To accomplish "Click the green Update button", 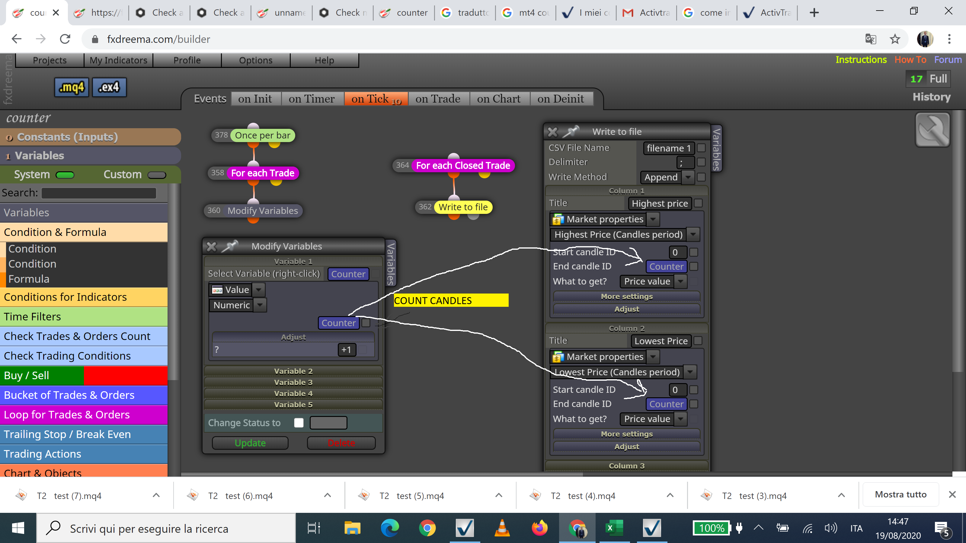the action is [x=250, y=443].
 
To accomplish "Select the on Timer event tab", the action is [x=311, y=99].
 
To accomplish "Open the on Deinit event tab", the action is [x=560, y=99].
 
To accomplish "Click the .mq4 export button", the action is [x=72, y=87].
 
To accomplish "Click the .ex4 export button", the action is [x=109, y=87].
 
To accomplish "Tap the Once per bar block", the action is [x=263, y=135].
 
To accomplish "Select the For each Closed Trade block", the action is [x=463, y=165].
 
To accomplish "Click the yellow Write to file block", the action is [x=463, y=207].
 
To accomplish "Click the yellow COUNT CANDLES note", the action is [x=451, y=300].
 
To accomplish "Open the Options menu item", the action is [x=256, y=60].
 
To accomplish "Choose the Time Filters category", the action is [x=84, y=317].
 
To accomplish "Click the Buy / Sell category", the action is [x=84, y=376].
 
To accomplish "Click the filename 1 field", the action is [x=669, y=148].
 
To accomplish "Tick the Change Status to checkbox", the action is [x=299, y=423].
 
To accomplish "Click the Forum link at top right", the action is [x=948, y=60].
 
